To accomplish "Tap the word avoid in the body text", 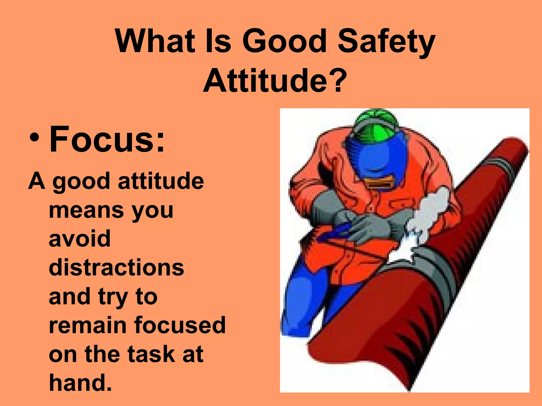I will click(80, 239).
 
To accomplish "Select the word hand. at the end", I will click(80, 382).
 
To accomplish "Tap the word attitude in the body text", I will click(161, 181).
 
